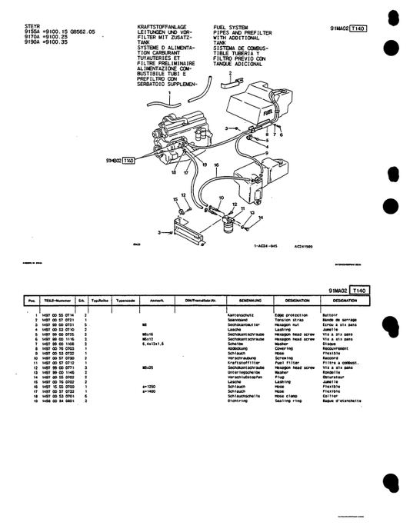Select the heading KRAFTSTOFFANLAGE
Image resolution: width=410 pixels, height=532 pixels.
pyautogui.click(x=150, y=25)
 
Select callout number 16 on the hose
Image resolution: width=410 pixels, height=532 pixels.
pyautogui.click(x=217, y=165)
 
